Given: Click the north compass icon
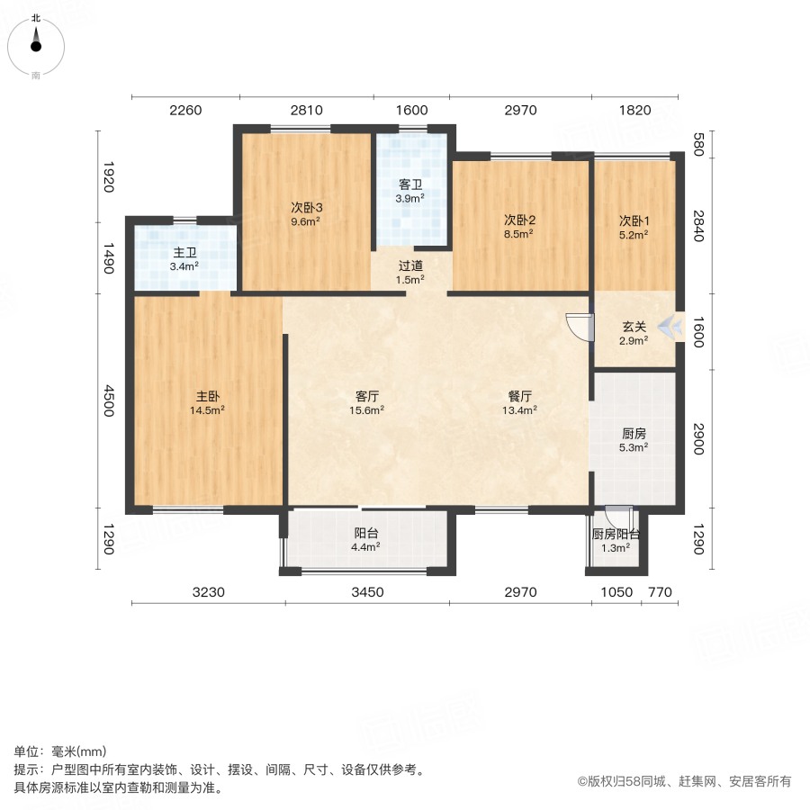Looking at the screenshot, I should point(36,42).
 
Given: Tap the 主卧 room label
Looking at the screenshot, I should point(207,396).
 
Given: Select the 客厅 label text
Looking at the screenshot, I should point(366,396).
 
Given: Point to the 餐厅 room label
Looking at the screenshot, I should point(520,396).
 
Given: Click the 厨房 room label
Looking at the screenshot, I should point(634,433).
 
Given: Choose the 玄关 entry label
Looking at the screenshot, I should point(634,327).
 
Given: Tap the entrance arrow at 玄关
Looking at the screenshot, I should point(669,328).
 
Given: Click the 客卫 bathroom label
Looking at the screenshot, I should point(410,185).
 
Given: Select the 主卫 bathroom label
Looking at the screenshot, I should point(185,253).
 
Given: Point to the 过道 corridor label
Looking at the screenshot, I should point(410,266).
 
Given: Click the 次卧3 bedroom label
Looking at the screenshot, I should point(307,207).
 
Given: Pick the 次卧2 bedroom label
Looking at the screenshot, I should point(519,220).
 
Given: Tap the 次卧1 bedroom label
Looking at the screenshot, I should point(634,220).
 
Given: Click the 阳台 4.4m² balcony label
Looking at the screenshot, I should point(366,532).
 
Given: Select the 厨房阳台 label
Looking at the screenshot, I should point(616,534).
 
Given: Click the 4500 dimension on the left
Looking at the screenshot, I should point(109,401).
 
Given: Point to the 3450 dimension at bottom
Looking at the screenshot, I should point(367,592).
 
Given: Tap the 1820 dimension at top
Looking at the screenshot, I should point(634,111).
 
